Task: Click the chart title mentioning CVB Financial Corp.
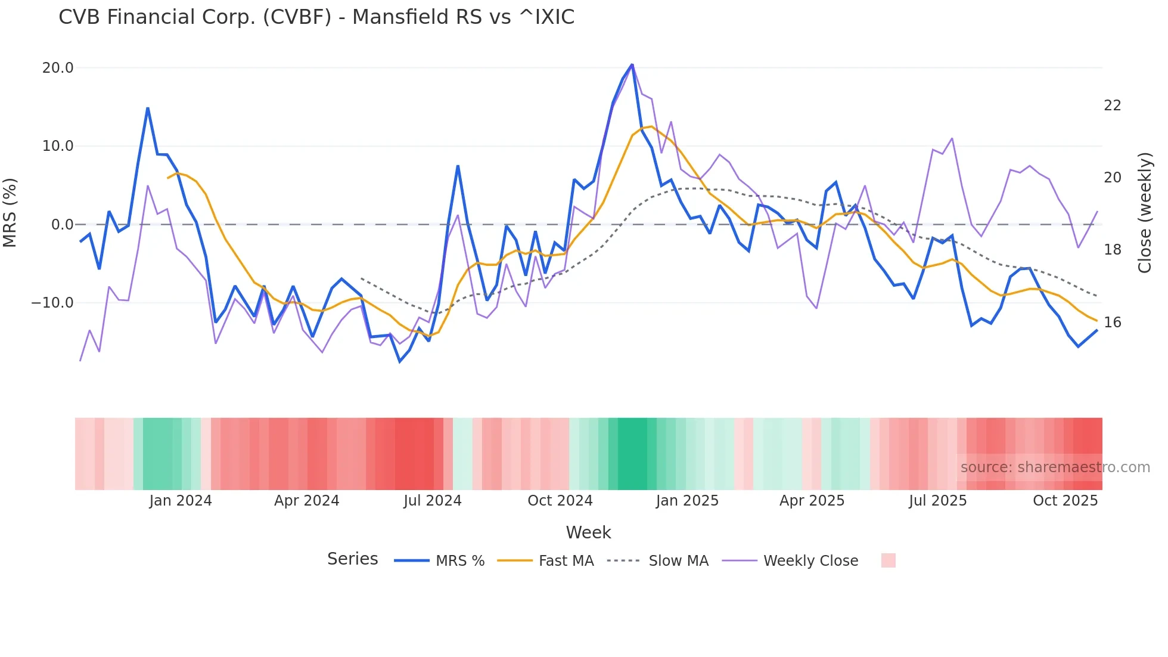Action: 316,17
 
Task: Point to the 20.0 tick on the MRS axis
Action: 58,68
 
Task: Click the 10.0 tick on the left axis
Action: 58,146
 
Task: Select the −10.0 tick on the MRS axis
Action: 52,303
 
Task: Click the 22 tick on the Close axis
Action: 1112,106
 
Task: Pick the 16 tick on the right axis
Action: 1112,323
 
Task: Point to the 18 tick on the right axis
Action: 1112,250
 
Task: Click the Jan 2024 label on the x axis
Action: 181,501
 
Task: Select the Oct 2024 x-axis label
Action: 560,501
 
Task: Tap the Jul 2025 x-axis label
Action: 938,501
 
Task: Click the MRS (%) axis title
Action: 10,212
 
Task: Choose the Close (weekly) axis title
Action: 1145,213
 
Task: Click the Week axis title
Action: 588,532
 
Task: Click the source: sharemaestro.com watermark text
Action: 1055,467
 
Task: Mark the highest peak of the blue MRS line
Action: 632,64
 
